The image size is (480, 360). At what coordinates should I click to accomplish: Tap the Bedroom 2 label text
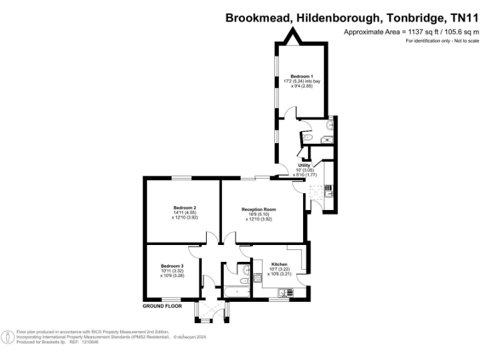185,207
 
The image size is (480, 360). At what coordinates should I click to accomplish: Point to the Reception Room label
259,209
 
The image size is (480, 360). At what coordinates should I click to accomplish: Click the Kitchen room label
279,265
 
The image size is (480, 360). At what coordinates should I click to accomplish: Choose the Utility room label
304,165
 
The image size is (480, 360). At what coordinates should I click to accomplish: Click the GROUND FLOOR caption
162,306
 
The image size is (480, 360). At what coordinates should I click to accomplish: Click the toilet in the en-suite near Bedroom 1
308,137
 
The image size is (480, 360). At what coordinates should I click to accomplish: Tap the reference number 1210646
88,342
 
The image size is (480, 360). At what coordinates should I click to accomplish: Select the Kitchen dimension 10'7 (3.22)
279,270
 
